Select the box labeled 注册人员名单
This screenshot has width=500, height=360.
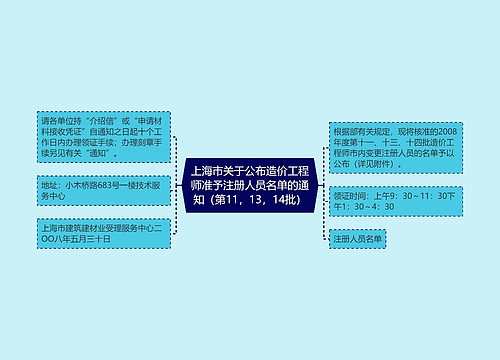tap(357, 239)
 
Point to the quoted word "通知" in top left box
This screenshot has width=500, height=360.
tap(103, 155)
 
